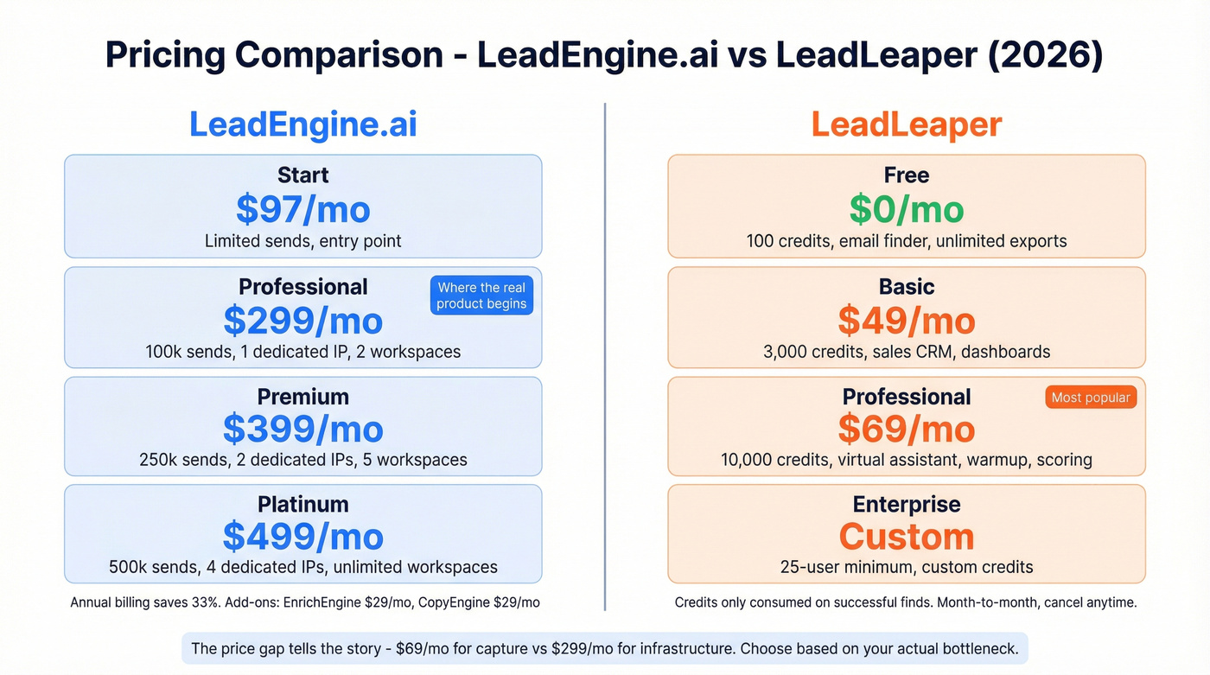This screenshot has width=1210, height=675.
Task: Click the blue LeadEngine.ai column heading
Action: coord(302,125)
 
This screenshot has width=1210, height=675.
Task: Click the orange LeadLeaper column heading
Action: coord(906,125)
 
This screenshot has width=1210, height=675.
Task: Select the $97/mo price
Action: coord(302,209)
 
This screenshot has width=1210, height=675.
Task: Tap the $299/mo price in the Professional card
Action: coord(302,321)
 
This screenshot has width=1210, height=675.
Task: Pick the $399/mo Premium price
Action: coord(302,429)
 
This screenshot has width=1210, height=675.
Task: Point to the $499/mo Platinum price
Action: coord(302,537)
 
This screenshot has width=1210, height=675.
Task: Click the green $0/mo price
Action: coord(906,209)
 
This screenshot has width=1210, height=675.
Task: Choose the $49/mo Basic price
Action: coord(906,321)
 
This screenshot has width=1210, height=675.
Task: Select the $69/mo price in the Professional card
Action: coord(906,429)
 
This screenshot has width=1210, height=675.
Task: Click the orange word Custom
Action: coord(906,537)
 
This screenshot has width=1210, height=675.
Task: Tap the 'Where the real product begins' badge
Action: coord(481,296)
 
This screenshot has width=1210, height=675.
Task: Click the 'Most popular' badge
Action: coord(1091,398)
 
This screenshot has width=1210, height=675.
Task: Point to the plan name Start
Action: coord(302,175)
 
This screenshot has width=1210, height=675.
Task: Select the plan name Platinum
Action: coord(302,504)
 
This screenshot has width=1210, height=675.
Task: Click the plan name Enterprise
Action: coord(906,504)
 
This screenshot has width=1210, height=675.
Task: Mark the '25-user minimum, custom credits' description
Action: coord(906,568)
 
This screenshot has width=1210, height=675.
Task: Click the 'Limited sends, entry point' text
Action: coord(302,241)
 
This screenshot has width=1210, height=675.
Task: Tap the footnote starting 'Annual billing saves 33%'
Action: coord(304,602)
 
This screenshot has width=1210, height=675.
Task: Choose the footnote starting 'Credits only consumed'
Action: coord(905,602)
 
